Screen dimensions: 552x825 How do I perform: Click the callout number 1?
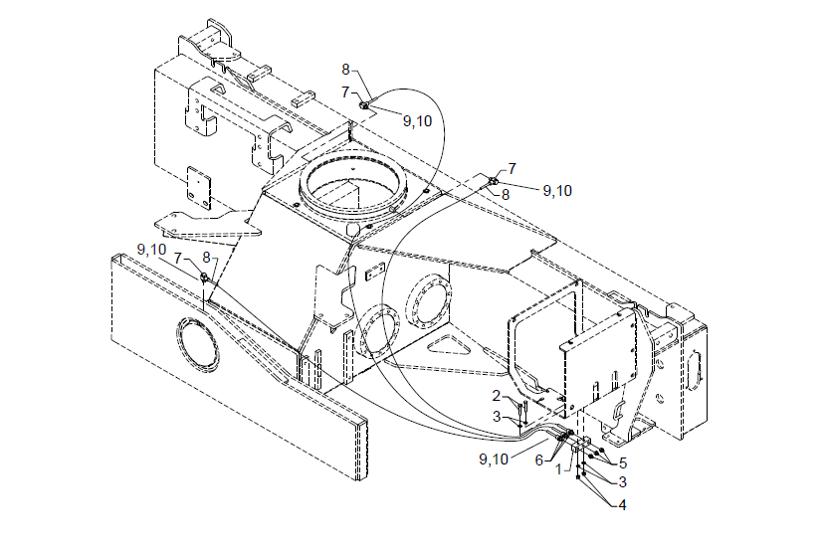[x=559, y=467]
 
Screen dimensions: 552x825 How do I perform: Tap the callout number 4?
[x=621, y=504]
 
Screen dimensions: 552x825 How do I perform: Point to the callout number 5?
[x=622, y=462]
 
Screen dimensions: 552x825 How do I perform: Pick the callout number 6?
[x=539, y=460]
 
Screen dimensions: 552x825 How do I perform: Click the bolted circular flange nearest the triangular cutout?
[x=428, y=303]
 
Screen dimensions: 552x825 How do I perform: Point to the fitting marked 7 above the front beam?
[x=204, y=277]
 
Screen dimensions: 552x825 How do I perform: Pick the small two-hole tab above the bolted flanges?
[x=375, y=274]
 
